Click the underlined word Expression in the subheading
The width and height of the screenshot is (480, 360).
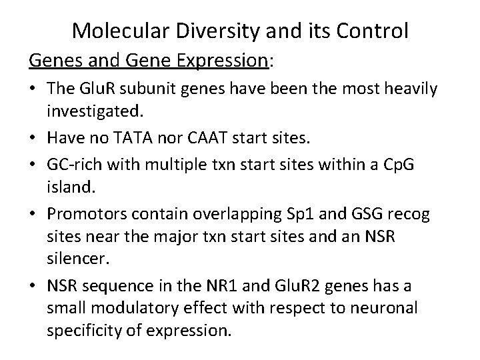pos(223,61)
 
